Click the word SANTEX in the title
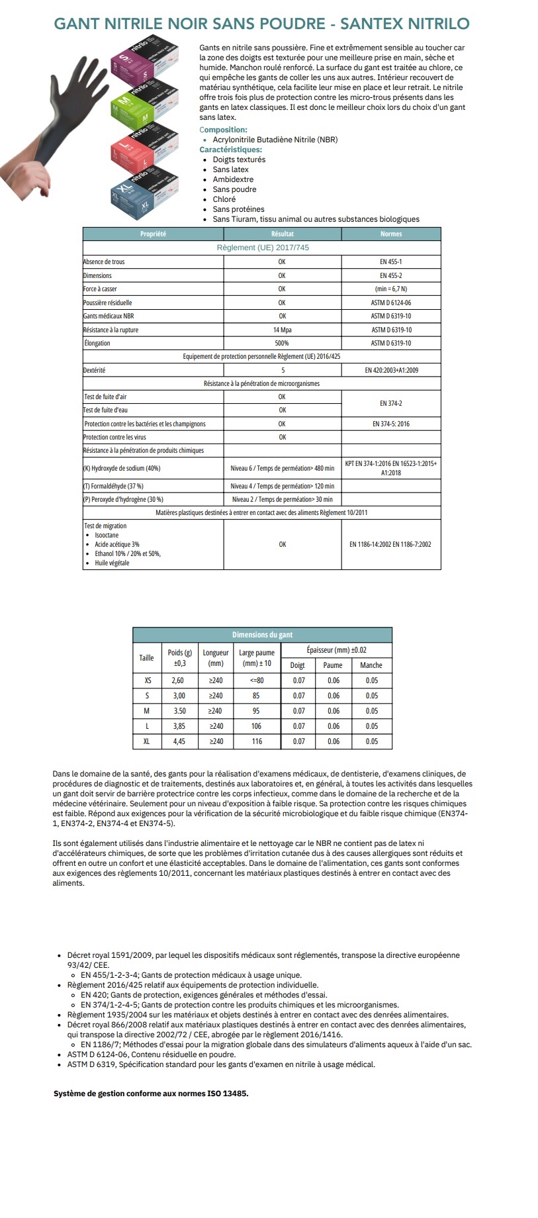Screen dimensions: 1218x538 pyautogui.click(x=371, y=24)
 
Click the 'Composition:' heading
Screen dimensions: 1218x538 pyautogui.click(x=223, y=130)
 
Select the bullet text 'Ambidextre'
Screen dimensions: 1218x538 pyautogui.click(x=233, y=179)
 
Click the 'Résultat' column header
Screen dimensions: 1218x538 pyautogui.click(x=282, y=234)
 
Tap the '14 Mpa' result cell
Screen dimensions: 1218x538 pyautogui.click(x=282, y=330)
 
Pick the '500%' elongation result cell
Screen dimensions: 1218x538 pyautogui.click(x=282, y=343)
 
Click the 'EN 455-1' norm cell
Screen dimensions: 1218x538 pyautogui.click(x=390, y=261)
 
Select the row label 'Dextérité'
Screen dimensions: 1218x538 pyautogui.click(x=94, y=370)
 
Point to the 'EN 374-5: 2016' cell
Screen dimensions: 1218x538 pyautogui.click(x=390, y=424)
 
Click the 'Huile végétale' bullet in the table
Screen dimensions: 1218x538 pyautogui.click(x=112, y=563)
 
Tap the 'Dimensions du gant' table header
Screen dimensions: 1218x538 pyautogui.click(x=262, y=635)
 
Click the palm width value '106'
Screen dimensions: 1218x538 pyautogui.click(x=256, y=726)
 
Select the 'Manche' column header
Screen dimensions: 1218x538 pyautogui.click(x=371, y=665)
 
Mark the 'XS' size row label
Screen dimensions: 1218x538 pyautogui.click(x=147, y=680)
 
